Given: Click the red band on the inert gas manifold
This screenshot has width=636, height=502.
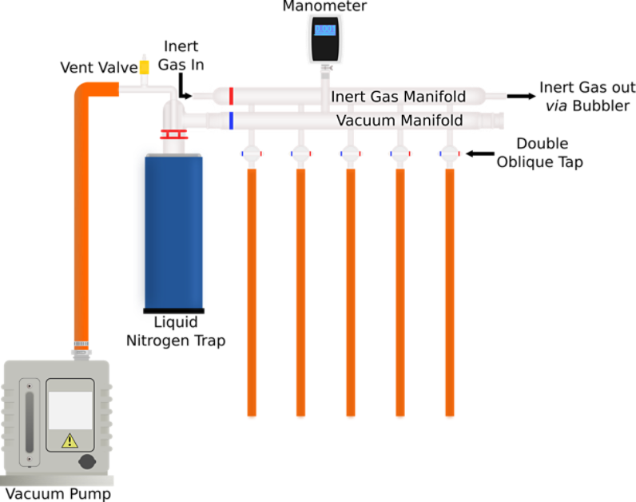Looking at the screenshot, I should (231, 96).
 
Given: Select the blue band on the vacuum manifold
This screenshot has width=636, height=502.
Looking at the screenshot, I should (231, 121).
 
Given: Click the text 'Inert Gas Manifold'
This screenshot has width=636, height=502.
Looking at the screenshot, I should (398, 97).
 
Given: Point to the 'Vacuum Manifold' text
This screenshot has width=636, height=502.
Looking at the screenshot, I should (399, 121).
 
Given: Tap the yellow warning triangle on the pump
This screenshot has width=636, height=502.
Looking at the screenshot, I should (70, 439).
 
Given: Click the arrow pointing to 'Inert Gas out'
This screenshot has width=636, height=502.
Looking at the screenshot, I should (520, 96).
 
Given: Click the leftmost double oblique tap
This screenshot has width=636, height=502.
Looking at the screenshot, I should (252, 152).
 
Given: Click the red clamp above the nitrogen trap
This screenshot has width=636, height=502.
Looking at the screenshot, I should (171, 135).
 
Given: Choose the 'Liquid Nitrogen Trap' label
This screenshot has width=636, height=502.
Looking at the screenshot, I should (176, 333).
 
